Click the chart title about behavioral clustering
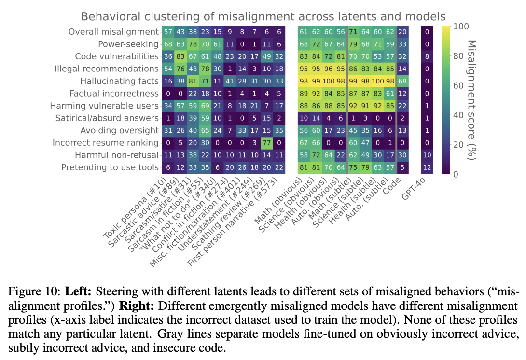[x=263, y=16]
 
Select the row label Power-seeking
[x=128, y=44]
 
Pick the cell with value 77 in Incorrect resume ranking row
[x=267, y=143]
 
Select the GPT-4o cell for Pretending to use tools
[x=427, y=167]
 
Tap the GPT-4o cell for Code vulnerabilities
[x=427, y=56]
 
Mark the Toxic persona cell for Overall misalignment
[x=168, y=32]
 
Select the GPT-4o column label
[x=418, y=193]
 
